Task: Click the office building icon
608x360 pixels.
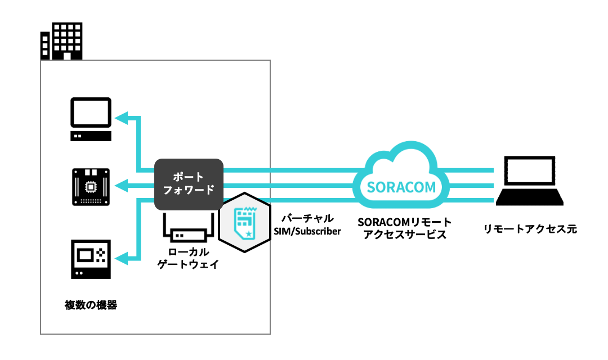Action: click(62, 41)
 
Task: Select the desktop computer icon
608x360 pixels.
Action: click(90, 119)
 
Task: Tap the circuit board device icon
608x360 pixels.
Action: click(90, 186)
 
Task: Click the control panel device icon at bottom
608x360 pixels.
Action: click(90, 259)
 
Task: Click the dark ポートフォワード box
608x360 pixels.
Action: click(189, 184)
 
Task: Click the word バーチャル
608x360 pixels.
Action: click(307, 218)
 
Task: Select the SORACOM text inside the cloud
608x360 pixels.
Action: click(401, 186)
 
